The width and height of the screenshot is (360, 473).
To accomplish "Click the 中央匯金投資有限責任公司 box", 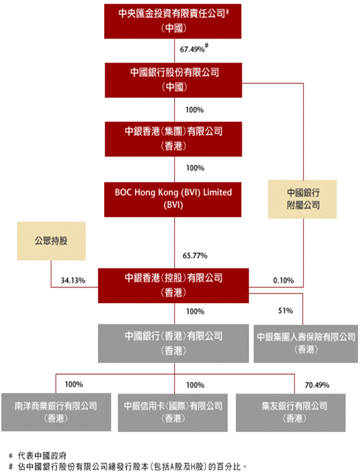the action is [x=173, y=21].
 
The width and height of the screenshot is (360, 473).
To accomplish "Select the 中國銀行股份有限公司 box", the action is [x=173, y=80].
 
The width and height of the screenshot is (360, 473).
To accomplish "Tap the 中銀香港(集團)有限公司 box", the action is [x=173, y=139].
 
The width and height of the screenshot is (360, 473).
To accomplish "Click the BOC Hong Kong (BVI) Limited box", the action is [x=173, y=200].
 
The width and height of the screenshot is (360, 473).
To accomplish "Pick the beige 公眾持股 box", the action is [x=51, y=241].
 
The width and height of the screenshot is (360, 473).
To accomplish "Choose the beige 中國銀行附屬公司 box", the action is [x=302, y=199].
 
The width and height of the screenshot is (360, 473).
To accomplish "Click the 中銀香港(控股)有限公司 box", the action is [x=173, y=285].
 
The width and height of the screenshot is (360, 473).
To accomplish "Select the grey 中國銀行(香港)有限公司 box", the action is [x=173, y=343].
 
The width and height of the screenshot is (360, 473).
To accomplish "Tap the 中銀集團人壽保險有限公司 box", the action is [x=305, y=343].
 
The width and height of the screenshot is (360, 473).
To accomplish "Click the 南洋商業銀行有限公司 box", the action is [x=56, y=412].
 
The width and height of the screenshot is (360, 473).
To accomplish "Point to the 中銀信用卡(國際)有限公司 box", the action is [x=173, y=412].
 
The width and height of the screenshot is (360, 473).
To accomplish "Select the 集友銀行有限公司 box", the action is [x=291, y=412].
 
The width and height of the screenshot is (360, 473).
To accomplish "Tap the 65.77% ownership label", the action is [x=195, y=256].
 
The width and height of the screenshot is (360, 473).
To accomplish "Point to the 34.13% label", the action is [x=73, y=281].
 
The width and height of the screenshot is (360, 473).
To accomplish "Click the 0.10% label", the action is [x=283, y=281].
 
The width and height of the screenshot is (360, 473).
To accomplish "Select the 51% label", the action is [x=285, y=311].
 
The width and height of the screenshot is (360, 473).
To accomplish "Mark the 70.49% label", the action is [x=317, y=385].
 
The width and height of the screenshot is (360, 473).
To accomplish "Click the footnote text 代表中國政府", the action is [x=42, y=456].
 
